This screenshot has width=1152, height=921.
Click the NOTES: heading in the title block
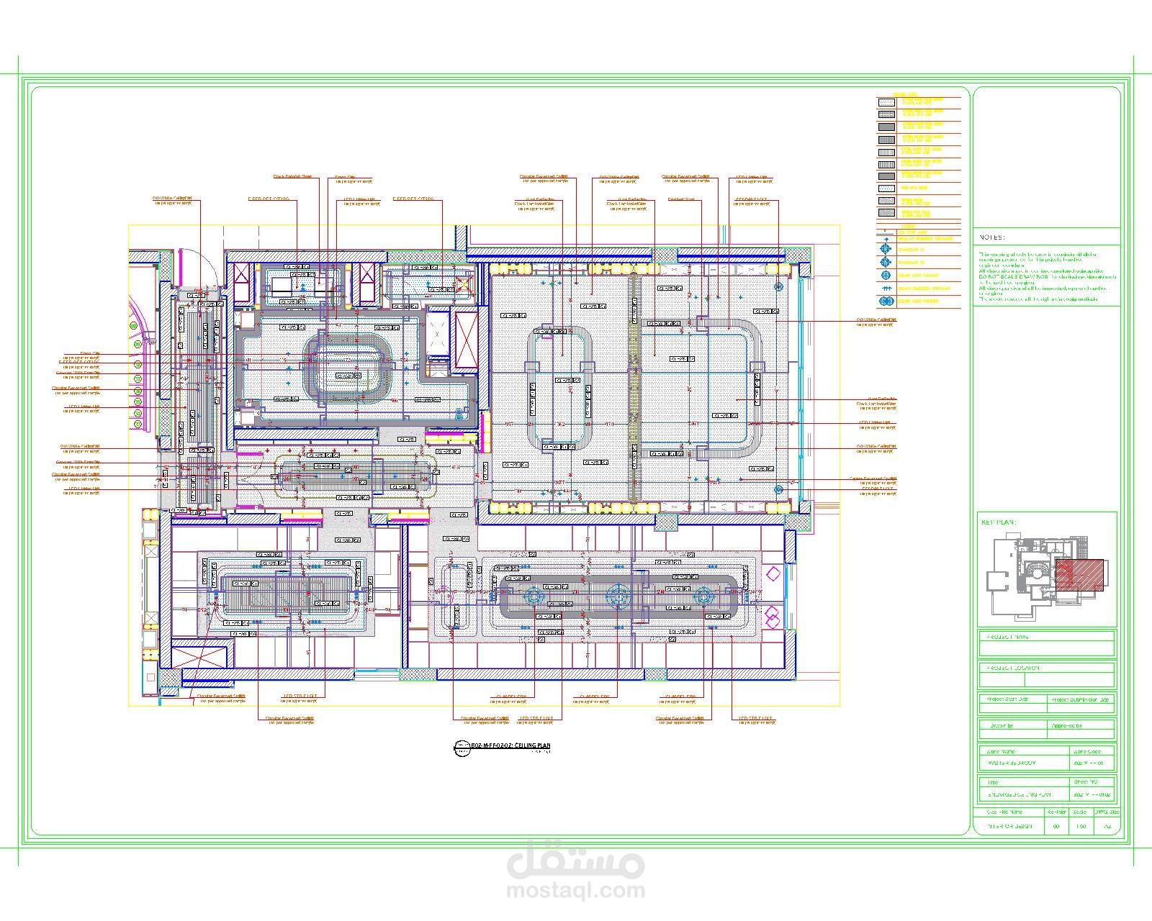coord(991,237)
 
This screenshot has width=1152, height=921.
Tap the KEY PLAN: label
coord(999,522)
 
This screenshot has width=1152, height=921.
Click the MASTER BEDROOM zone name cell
coord(1011,763)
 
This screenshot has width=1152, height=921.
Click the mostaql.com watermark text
coord(576,891)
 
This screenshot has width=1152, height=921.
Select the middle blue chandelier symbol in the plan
coord(618,596)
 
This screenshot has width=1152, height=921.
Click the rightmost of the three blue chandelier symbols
coord(703,596)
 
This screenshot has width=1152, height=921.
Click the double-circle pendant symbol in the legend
coord(886,300)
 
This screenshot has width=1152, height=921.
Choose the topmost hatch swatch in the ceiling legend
coord(886,102)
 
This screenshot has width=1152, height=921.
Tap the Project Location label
coord(1010,668)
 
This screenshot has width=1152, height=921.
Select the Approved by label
coord(1067,727)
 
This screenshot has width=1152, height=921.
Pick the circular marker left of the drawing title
coord(458,748)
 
